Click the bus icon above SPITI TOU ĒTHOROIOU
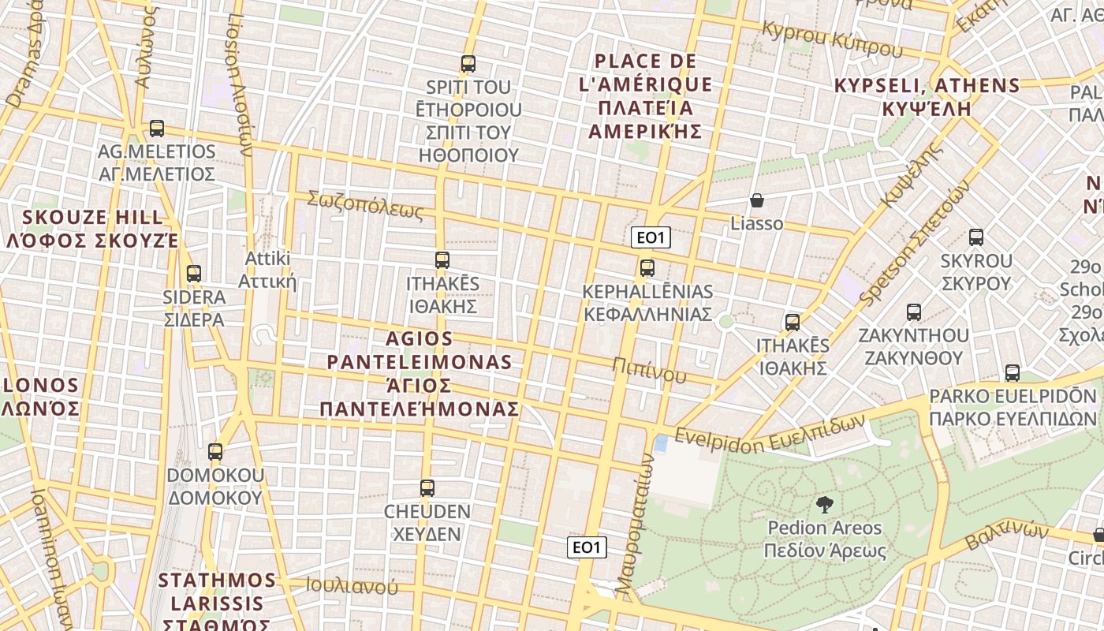point(468,64)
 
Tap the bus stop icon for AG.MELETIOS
point(157,129)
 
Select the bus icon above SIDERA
point(194,274)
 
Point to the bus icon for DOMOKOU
point(215,452)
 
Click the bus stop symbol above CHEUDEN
point(427,488)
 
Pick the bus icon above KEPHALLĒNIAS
point(647,268)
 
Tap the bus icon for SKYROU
point(976,237)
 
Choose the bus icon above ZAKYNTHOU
point(914,312)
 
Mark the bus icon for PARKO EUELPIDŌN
point(1013,373)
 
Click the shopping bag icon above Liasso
point(757,200)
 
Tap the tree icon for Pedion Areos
point(825,504)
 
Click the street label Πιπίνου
point(649,369)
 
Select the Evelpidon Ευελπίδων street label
point(770,434)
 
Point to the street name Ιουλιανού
point(352,586)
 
